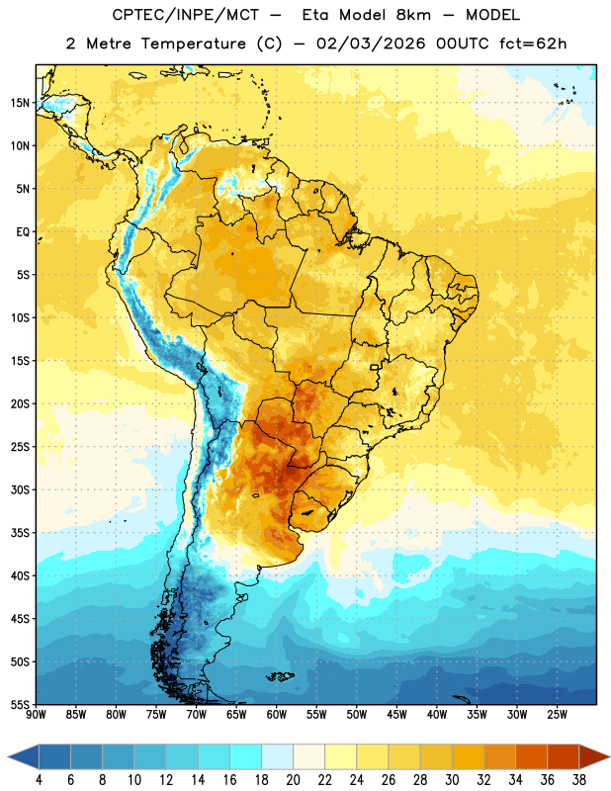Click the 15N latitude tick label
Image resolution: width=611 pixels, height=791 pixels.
[20, 103]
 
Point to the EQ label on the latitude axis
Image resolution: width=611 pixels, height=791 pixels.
[23, 232]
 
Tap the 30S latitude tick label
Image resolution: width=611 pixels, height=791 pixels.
[20, 489]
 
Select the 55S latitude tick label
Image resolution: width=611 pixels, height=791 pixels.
[20, 705]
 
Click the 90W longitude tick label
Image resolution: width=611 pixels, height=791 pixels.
[36, 714]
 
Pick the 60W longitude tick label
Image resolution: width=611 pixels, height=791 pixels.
[277, 714]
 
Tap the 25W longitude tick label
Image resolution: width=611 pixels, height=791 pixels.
[557, 714]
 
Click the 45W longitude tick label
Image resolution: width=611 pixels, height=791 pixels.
[397, 714]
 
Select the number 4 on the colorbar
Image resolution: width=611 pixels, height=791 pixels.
[39, 780]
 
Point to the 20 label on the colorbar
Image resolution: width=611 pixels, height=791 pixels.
[293, 780]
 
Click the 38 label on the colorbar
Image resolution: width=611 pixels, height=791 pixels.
[579, 780]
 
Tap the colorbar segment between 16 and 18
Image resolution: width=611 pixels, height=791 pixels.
[246, 757]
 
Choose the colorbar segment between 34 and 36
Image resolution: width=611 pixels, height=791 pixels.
[532, 757]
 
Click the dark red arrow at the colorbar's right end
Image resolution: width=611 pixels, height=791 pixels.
[593, 757]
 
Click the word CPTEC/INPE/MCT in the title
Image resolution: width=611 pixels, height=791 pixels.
[186, 15]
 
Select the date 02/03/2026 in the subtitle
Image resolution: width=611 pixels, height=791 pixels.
[371, 44]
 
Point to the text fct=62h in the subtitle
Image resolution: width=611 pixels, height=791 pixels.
[533, 44]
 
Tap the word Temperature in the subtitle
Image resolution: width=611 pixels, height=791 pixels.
[193, 44]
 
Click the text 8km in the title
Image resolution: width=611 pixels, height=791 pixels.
[413, 15]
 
